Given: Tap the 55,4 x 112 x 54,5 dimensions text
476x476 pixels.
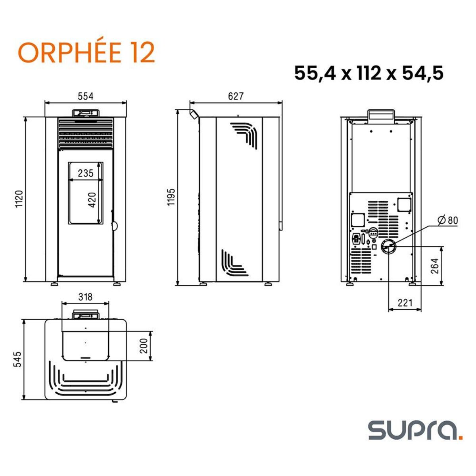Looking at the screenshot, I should click(x=369, y=73).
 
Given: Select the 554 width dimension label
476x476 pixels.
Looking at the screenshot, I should click(x=85, y=96).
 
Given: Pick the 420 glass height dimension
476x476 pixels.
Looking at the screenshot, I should click(x=92, y=200).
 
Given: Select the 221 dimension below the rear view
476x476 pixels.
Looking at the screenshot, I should click(x=405, y=303).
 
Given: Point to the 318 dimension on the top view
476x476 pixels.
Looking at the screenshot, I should click(x=85, y=296).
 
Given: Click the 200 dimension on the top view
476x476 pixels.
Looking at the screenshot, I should click(x=144, y=345).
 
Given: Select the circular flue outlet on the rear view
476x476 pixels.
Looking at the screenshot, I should click(x=388, y=247).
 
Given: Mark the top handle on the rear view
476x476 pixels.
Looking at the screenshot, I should click(x=381, y=114).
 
